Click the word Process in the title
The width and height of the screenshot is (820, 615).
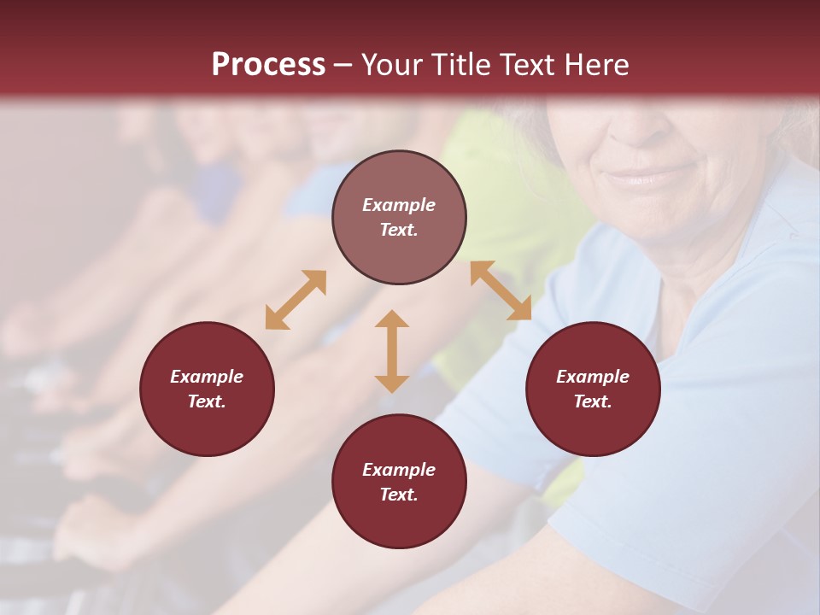point(268,64)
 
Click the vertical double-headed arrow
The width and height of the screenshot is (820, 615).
point(392,351)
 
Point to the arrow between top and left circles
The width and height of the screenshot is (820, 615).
point(296,299)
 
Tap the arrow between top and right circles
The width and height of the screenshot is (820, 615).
point(501,290)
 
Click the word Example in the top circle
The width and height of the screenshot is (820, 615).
point(399,205)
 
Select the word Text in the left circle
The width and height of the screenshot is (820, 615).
point(207,401)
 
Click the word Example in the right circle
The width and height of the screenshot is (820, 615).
point(593,377)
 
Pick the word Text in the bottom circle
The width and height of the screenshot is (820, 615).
point(399,495)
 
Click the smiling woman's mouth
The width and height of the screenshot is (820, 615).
point(641,177)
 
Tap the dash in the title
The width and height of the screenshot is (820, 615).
point(343,65)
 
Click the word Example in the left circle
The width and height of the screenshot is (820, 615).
point(207,377)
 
